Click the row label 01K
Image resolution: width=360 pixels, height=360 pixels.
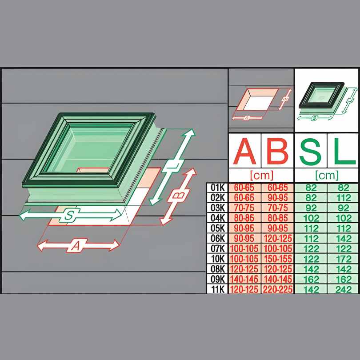(x=217, y=188)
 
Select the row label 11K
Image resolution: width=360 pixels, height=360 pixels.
(x=217, y=289)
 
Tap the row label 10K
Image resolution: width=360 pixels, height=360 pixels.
(x=217, y=259)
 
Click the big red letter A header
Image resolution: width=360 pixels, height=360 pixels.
(x=244, y=151)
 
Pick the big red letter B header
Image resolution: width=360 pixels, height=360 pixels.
(x=277, y=151)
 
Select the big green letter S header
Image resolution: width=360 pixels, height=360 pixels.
(x=310, y=151)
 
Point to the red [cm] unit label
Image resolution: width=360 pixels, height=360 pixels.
(x=261, y=175)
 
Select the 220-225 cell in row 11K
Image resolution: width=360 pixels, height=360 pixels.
(x=277, y=289)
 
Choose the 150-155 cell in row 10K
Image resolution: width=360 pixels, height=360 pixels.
(x=277, y=259)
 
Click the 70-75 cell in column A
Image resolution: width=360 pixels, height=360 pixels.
(x=244, y=208)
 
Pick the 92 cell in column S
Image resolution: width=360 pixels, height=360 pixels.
(x=310, y=208)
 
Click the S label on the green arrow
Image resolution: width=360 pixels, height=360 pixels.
(x=69, y=216)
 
